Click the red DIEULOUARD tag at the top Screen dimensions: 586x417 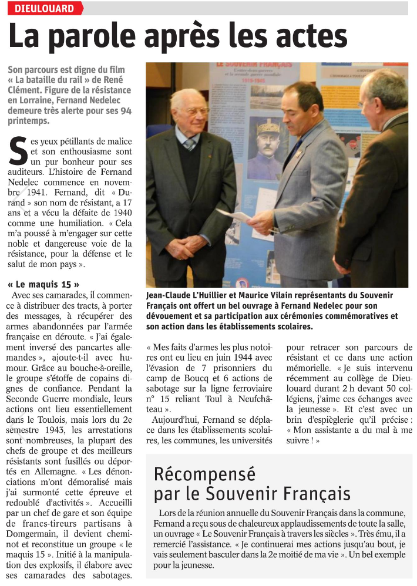click(45, 8)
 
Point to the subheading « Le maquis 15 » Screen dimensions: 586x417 click(43, 284)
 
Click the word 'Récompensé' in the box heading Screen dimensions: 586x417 click(196, 473)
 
